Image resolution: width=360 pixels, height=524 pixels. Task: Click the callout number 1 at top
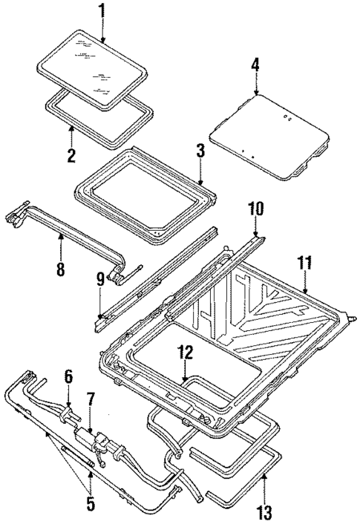[102, 13]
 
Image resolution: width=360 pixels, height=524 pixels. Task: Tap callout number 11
[305, 263]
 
